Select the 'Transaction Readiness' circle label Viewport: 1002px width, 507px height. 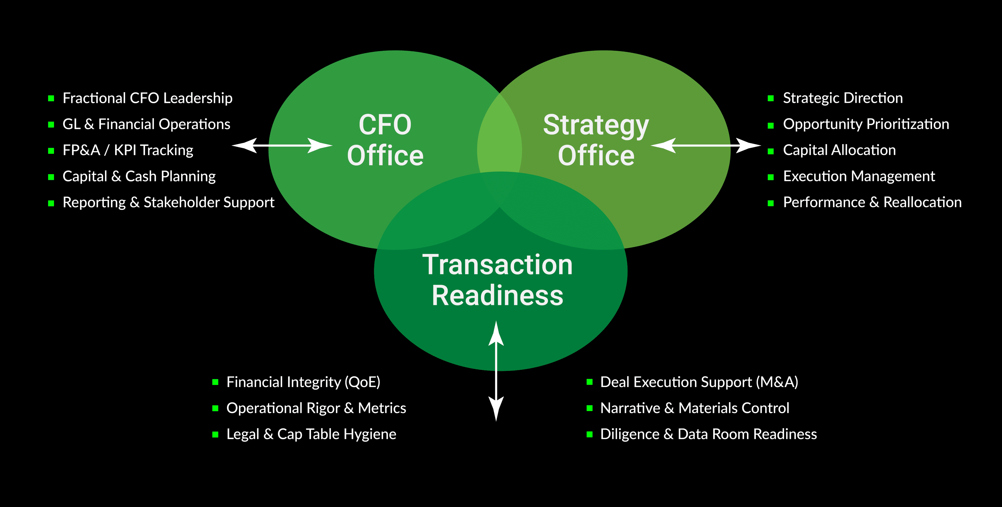click(498, 280)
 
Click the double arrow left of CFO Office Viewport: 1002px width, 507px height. click(282, 146)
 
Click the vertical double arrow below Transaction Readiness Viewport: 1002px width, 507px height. click(496, 371)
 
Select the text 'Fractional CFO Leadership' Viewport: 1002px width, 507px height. click(147, 98)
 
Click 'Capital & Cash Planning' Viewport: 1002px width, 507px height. click(139, 176)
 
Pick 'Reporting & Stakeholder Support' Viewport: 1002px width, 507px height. click(168, 203)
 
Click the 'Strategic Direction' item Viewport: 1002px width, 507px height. click(843, 98)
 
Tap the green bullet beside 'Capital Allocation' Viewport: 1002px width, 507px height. click(771, 151)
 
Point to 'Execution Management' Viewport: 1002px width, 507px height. click(859, 176)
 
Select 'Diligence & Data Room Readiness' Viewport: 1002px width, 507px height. click(708, 434)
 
